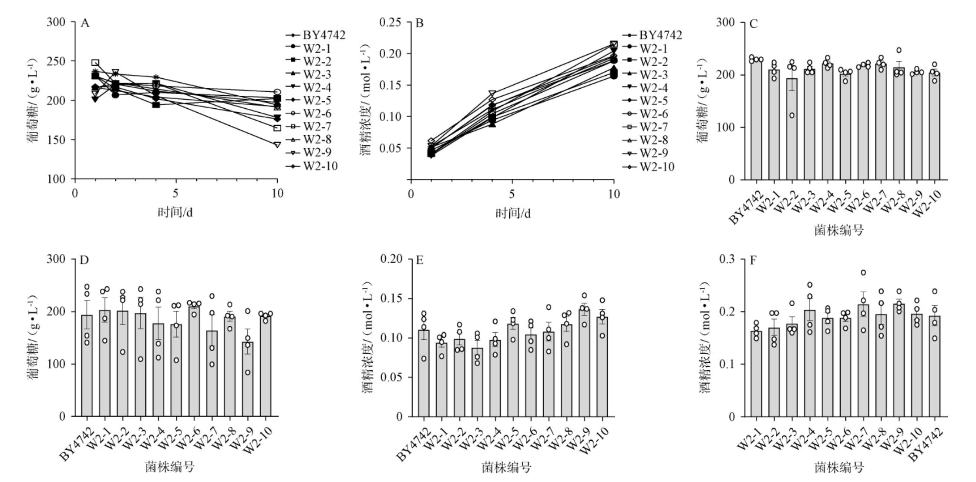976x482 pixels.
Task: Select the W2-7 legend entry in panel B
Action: point(653,127)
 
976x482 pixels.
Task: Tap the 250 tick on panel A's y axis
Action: point(57,61)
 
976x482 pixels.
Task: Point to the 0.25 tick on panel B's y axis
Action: point(390,22)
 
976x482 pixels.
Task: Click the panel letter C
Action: point(754,23)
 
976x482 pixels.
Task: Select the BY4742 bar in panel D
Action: point(87,365)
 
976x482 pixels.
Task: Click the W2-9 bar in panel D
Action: point(248,379)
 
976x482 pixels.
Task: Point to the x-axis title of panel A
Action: point(175,213)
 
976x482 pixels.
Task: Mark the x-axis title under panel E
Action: point(506,468)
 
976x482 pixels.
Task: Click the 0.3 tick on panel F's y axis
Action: point(727,259)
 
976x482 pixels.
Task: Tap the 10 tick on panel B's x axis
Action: point(614,194)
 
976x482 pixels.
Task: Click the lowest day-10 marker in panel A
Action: point(277,144)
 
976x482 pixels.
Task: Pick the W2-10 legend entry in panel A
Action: point(320,166)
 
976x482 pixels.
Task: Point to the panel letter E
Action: point(420,260)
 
